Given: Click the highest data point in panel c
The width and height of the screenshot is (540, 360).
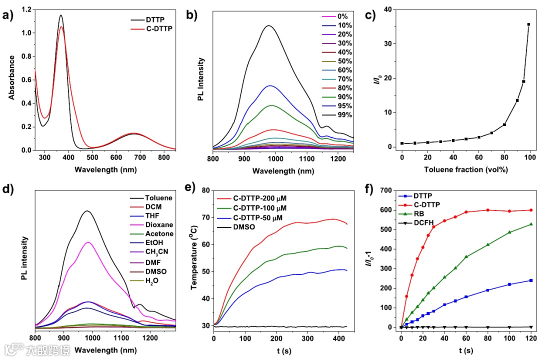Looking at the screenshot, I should point(528,24).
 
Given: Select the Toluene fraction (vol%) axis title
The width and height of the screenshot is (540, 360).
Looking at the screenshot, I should point(466,169).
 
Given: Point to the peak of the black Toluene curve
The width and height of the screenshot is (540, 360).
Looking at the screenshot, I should point(87,211).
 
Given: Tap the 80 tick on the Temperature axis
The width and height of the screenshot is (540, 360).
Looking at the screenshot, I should point(205,190).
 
